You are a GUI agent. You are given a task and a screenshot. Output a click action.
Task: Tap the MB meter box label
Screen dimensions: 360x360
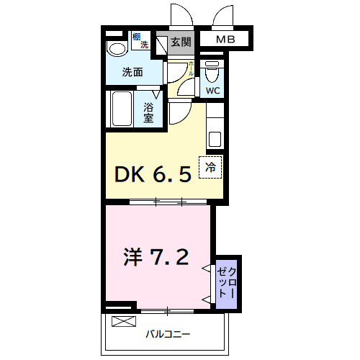[x=223, y=40]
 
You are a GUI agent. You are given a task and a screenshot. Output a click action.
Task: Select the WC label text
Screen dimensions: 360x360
[x=212, y=91]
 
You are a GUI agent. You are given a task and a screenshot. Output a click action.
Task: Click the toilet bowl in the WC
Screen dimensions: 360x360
[x=212, y=72]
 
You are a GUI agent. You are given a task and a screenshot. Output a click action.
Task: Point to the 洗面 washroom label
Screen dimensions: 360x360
[x=132, y=72]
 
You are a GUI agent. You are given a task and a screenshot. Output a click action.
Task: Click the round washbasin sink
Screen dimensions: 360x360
[x=114, y=49]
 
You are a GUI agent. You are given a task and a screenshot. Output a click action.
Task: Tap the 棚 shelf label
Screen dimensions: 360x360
[x=137, y=36]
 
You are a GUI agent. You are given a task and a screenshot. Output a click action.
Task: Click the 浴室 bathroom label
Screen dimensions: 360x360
[x=149, y=112]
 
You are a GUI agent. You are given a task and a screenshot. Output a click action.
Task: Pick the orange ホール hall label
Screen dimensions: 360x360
[x=191, y=70]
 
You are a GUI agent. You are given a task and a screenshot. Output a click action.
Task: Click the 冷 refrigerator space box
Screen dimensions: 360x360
[x=212, y=167]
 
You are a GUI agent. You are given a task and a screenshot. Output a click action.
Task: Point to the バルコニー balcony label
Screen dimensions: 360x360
[x=168, y=334]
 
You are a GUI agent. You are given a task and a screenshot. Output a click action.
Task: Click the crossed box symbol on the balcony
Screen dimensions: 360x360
[x=124, y=322]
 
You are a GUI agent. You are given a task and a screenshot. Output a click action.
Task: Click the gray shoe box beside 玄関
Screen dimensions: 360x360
[x=160, y=42]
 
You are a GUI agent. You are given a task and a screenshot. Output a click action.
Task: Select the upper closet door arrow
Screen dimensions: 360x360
[x=207, y=269]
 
